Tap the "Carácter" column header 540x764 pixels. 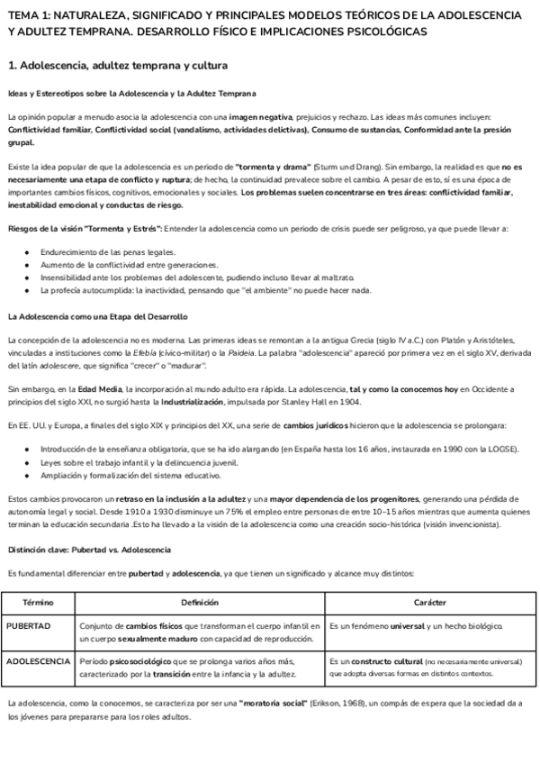tap(429, 602)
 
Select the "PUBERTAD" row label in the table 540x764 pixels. tap(29, 625)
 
